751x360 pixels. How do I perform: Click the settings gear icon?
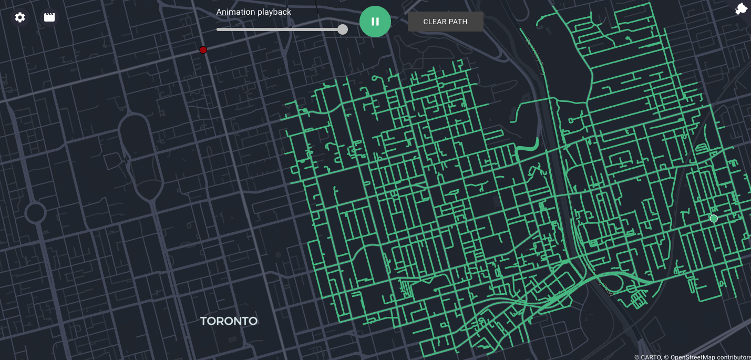click(x=20, y=17)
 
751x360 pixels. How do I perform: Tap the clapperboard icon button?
click(x=49, y=17)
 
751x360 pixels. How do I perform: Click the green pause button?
click(x=375, y=22)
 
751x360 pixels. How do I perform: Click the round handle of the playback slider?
click(x=343, y=29)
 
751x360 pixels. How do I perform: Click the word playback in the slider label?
click(x=274, y=12)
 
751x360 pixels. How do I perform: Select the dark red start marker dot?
click(x=203, y=50)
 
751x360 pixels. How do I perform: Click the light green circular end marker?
click(x=714, y=219)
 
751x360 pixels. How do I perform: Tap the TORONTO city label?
click(x=229, y=321)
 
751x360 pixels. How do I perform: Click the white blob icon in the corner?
click(x=741, y=9)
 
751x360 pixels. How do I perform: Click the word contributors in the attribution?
click(x=733, y=357)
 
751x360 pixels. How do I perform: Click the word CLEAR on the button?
click(x=435, y=22)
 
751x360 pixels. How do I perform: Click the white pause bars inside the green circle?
click(x=375, y=22)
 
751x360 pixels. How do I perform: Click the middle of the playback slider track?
click(x=280, y=29)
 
